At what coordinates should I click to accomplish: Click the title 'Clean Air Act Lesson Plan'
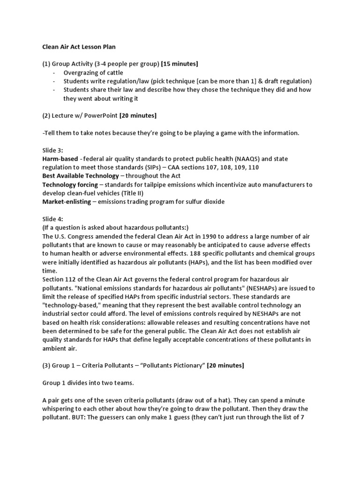coord(79,47)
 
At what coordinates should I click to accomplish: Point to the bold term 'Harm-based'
coord(59,158)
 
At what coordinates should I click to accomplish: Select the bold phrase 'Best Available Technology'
coord(80,176)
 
